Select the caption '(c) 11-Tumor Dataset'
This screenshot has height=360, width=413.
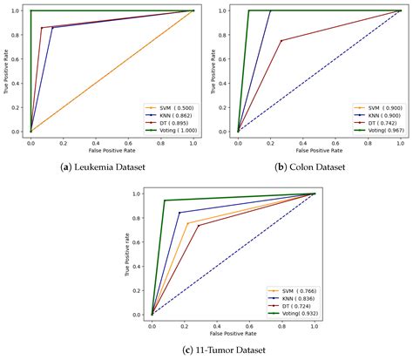click(206, 350)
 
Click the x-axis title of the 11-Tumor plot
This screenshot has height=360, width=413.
click(233, 333)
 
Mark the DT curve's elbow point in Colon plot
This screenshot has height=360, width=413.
click(281, 41)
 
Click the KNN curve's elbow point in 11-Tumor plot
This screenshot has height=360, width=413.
click(179, 213)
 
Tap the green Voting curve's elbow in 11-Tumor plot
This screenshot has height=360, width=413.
click(164, 200)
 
